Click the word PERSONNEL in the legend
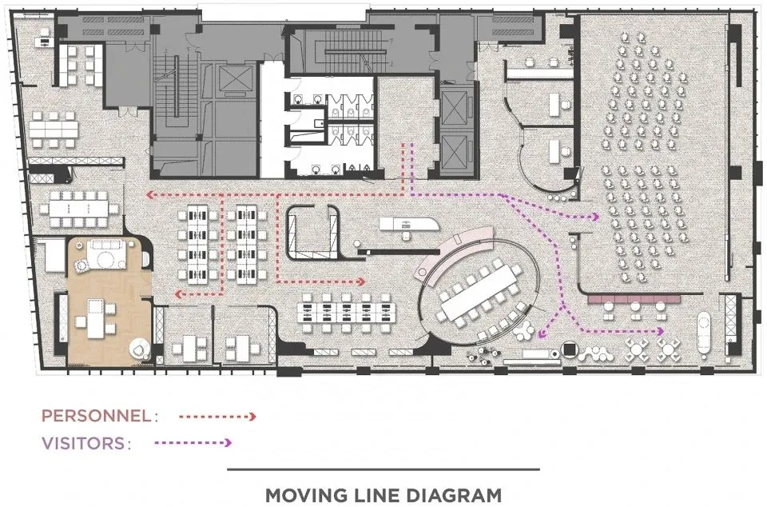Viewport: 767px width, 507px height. [96, 416]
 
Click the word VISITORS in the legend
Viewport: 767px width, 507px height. [83, 443]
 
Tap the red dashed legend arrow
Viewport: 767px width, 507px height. [217, 417]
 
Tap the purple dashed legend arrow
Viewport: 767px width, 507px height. [193, 443]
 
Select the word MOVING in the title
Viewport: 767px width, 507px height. [298, 495]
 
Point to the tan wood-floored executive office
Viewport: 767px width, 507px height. [109, 300]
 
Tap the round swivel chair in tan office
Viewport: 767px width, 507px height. [138, 349]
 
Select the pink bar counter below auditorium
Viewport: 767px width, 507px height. [634, 298]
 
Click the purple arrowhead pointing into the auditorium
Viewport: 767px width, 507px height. [595, 217]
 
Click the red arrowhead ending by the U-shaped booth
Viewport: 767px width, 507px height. [361, 281]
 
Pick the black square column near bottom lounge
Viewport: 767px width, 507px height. [569, 349]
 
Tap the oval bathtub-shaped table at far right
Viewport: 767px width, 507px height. [705, 333]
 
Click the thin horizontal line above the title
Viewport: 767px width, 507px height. [383, 469]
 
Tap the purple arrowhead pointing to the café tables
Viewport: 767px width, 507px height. [661, 331]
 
